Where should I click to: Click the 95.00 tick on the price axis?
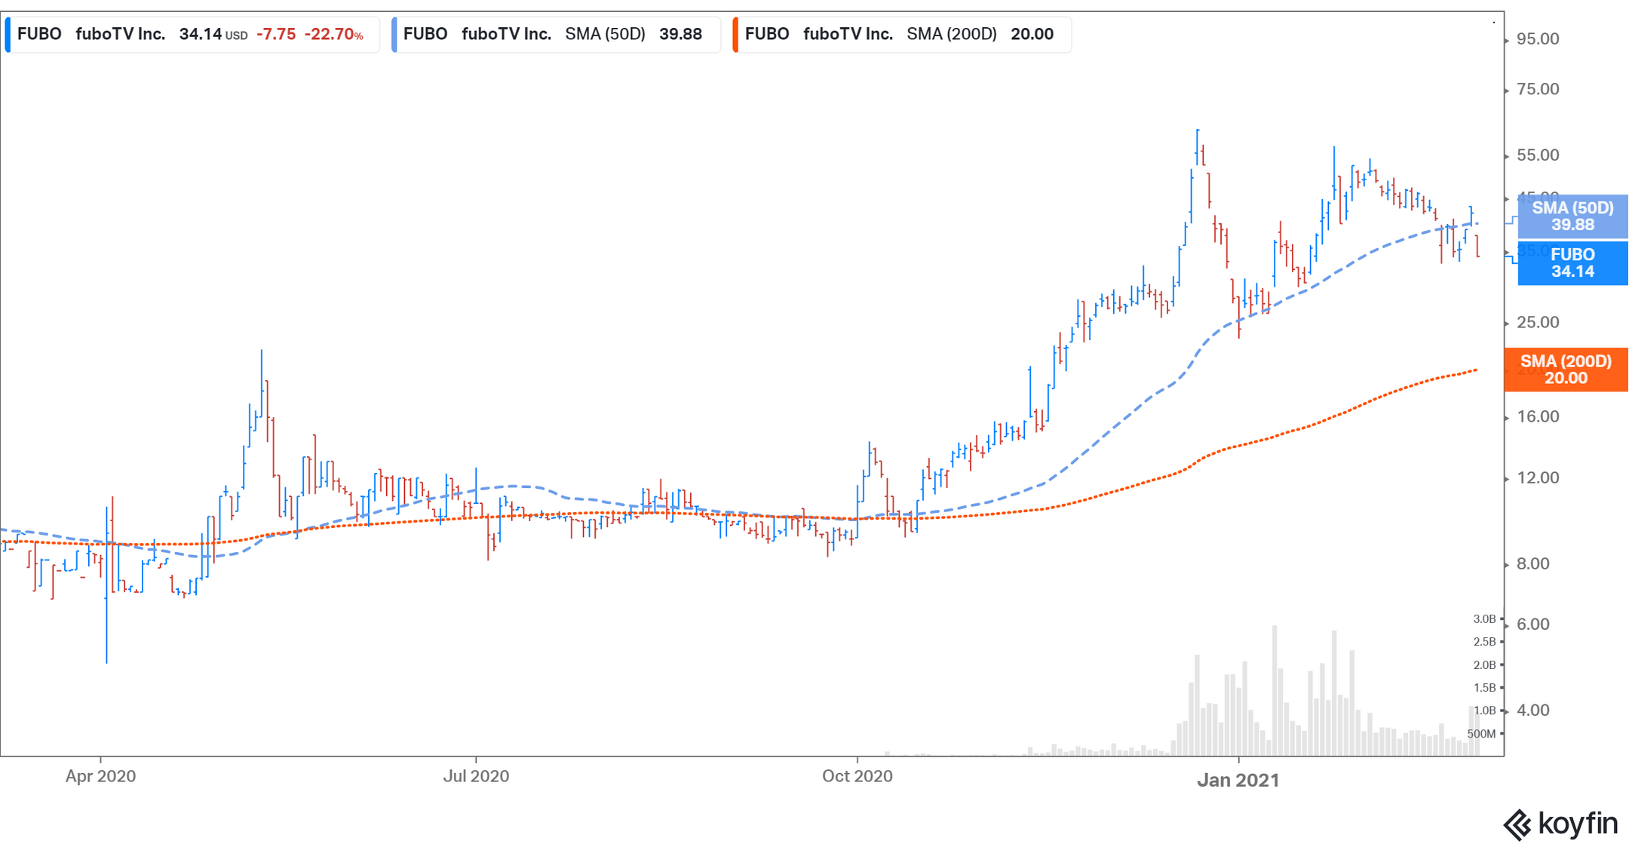(1537, 39)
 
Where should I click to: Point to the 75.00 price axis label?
(1537, 90)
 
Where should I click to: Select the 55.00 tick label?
(1537, 155)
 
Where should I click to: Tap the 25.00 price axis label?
(1537, 323)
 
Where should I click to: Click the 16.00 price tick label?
(1537, 417)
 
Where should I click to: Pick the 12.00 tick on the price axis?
(1537, 478)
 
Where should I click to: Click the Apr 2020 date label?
(100, 776)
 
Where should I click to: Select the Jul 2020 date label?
(475, 776)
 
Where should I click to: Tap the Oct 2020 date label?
(857, 776)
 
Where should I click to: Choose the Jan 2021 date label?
(1238, 780)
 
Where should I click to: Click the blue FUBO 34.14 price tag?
(1572, 263)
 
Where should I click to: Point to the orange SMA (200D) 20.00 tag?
(1566, 370)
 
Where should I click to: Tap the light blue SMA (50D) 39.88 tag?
(1572, 216)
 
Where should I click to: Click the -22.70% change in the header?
(333, 35)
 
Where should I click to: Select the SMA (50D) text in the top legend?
(605, 35)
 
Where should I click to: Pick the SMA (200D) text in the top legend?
(951, 35)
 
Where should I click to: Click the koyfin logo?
(1560, 824)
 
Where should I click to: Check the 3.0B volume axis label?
(1483, 619)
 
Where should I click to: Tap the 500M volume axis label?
(1480, 734)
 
